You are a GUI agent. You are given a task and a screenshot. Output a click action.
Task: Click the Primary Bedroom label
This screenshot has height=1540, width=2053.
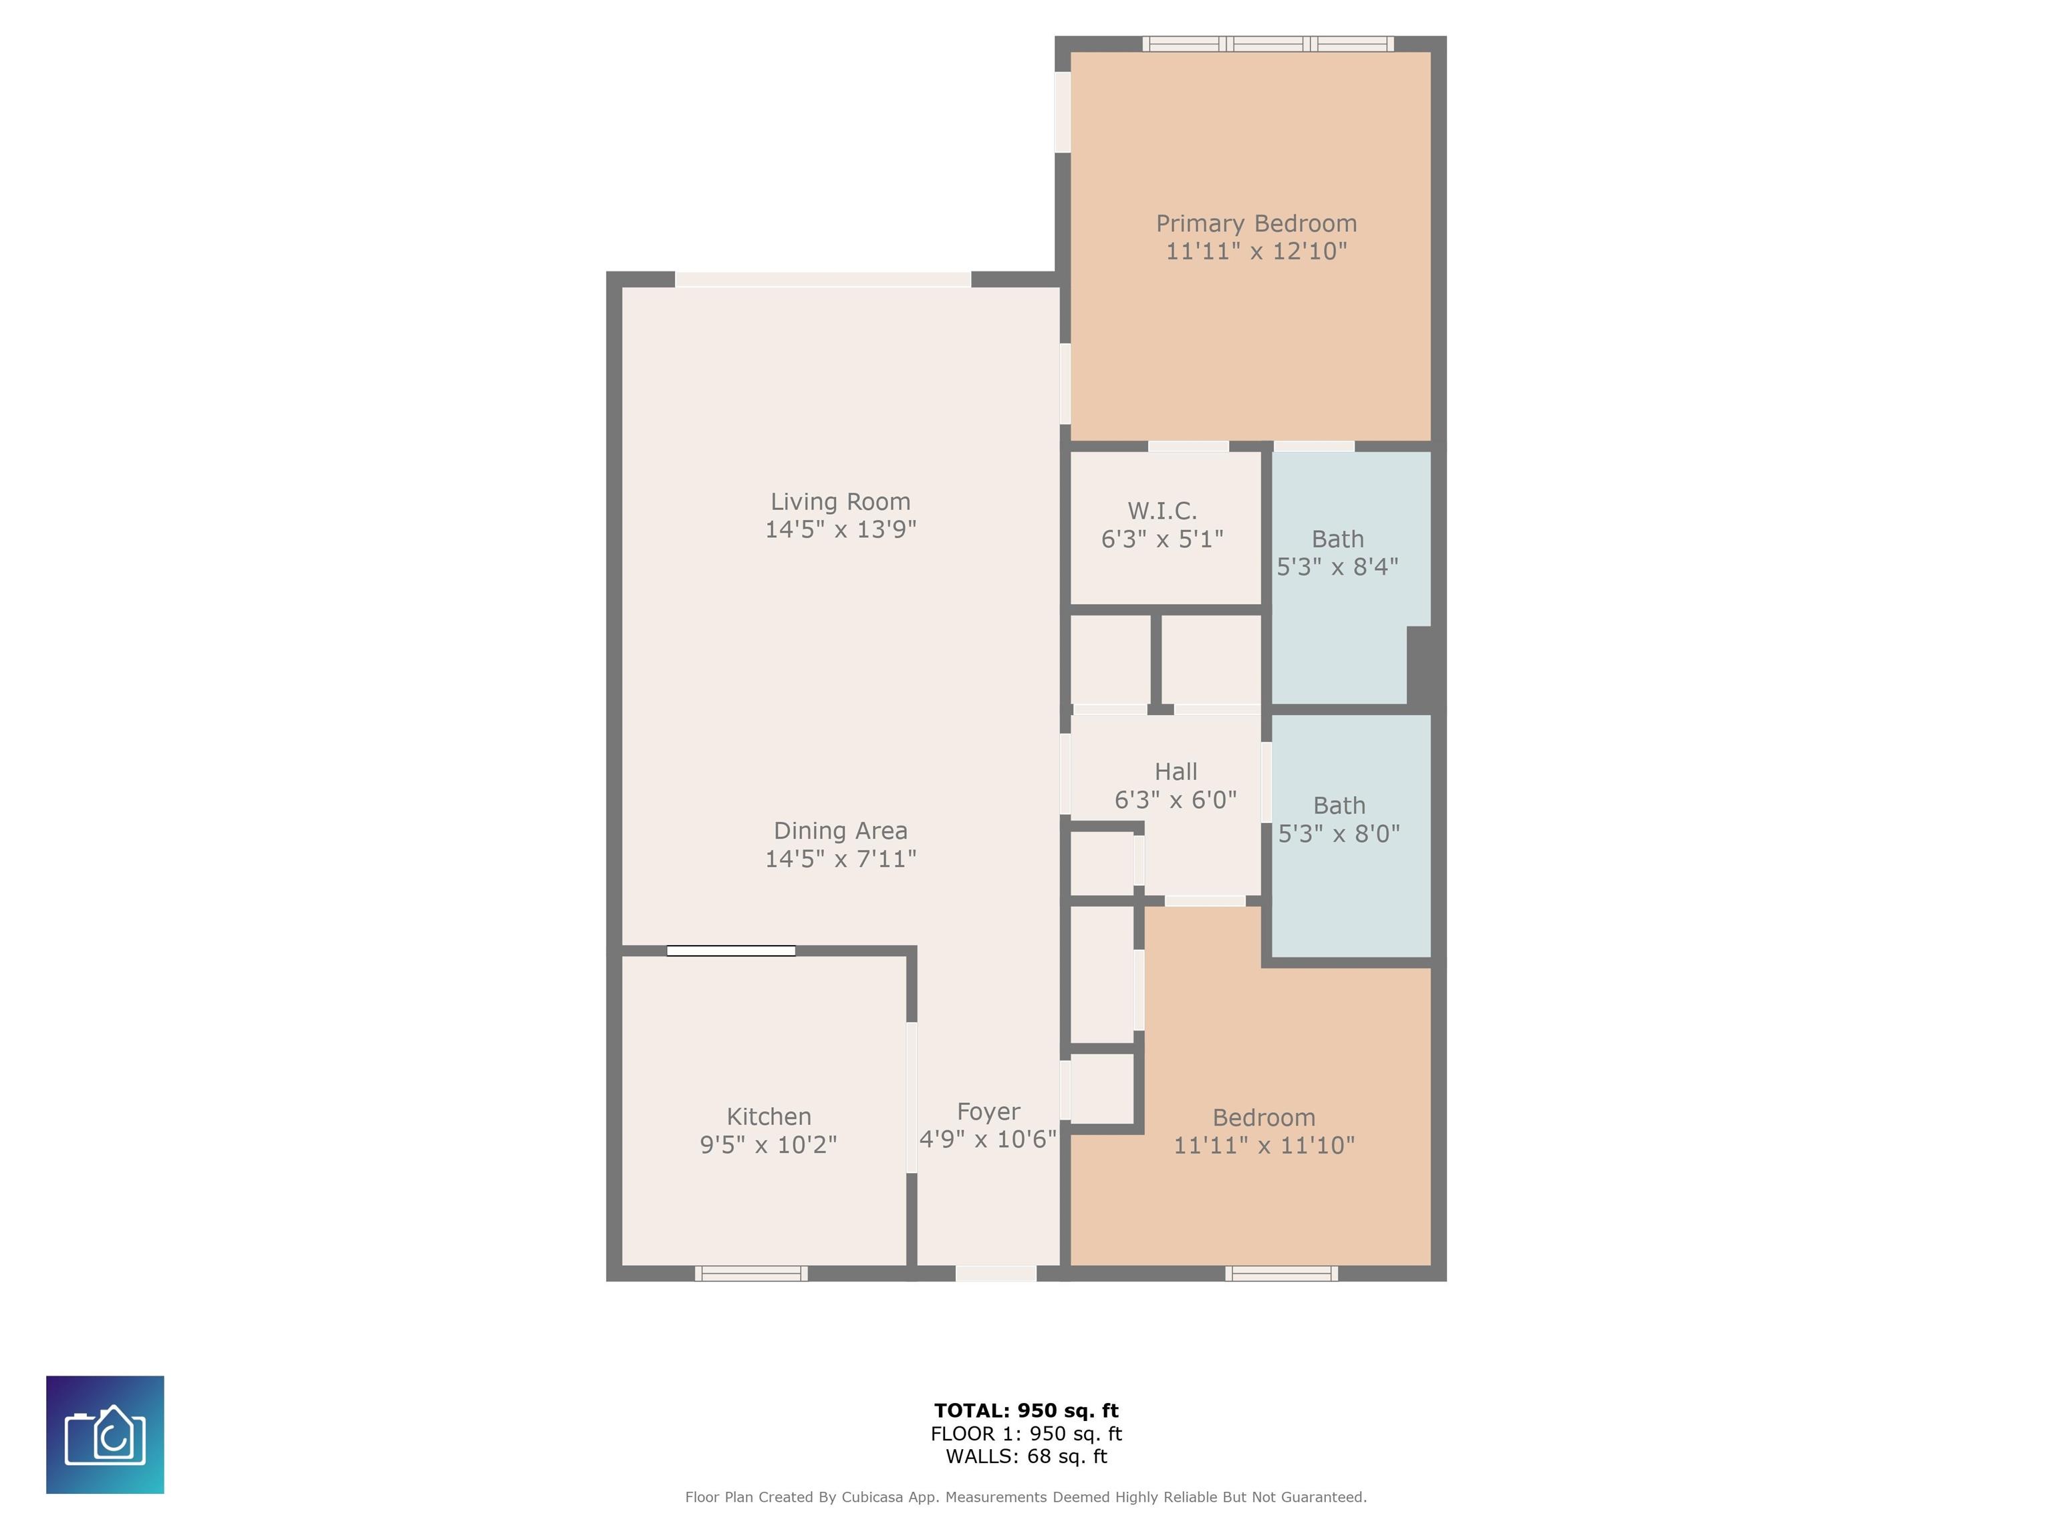[x=1256, y=224]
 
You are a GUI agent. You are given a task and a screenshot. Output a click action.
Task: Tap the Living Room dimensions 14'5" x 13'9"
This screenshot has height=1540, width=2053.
[x=841, y=529]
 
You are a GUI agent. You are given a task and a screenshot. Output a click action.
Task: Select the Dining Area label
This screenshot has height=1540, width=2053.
[x=841, y=831]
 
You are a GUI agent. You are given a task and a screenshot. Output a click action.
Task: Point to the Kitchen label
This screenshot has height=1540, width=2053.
[x=769, y=1117]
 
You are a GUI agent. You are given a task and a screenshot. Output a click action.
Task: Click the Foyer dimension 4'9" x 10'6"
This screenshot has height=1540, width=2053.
[x=988, y=1139]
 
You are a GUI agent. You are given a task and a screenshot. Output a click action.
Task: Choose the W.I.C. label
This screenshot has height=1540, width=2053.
[x=1162, y=511]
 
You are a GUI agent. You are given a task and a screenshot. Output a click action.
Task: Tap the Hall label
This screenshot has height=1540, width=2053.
[x=1176, y=771]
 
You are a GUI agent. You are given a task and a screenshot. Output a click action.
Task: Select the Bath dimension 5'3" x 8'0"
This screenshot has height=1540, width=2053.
[x=1339, y=833]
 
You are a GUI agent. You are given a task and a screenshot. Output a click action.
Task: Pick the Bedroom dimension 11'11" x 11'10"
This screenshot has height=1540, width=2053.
[x=1264, y=1146]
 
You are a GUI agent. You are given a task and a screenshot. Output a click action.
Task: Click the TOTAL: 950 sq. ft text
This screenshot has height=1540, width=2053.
[x=1026, y=1411]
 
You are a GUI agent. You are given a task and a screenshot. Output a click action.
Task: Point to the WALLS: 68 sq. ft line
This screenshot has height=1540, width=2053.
[x=1026, y=1456]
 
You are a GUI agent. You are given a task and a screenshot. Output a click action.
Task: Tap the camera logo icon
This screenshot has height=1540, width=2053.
[x=105, y=1434]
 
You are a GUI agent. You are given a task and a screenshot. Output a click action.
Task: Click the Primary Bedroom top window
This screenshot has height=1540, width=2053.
[x=1268, y=43]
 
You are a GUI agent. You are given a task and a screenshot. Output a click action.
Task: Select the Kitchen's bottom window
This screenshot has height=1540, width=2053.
[x=751, y=1273]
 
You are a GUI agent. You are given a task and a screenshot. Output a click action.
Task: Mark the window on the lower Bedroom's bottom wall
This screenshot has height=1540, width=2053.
[x=1282, y=1273]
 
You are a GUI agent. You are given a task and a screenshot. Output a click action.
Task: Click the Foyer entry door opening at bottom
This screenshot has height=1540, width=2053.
[x=996, y=1273]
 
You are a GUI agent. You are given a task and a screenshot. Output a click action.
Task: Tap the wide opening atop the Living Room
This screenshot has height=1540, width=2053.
[x=823, y=279]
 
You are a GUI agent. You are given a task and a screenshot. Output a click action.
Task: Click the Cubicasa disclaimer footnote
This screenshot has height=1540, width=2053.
[x=1026, y=1497]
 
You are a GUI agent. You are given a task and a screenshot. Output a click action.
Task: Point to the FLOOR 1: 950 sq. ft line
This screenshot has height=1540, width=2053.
[x=1026, y=1434]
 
